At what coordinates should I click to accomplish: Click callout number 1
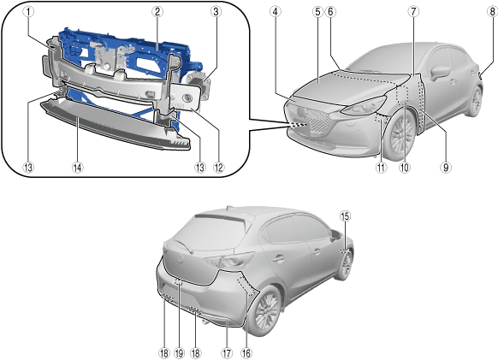pyautogui.click(x=28, y=12)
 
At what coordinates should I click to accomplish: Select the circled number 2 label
pyautogui.click(x=157, y=12)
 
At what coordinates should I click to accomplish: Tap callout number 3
pyautogui.click(x=216, y=12)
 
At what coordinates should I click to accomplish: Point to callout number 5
pyautogui.click(x=317, y=12)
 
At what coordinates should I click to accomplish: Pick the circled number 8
pyautogui.click(x=492, y=12)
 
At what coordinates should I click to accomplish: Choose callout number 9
pyautogui.click(x=446, y=168)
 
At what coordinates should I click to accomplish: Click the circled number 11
pyautogui.click(x=381, y=168)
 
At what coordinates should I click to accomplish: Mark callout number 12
pyautogui.click(x=218, y=168)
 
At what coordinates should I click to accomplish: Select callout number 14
pyautogui.click(x=78, y=168)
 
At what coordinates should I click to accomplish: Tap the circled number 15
pyautogui.click(x=345, y=215)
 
